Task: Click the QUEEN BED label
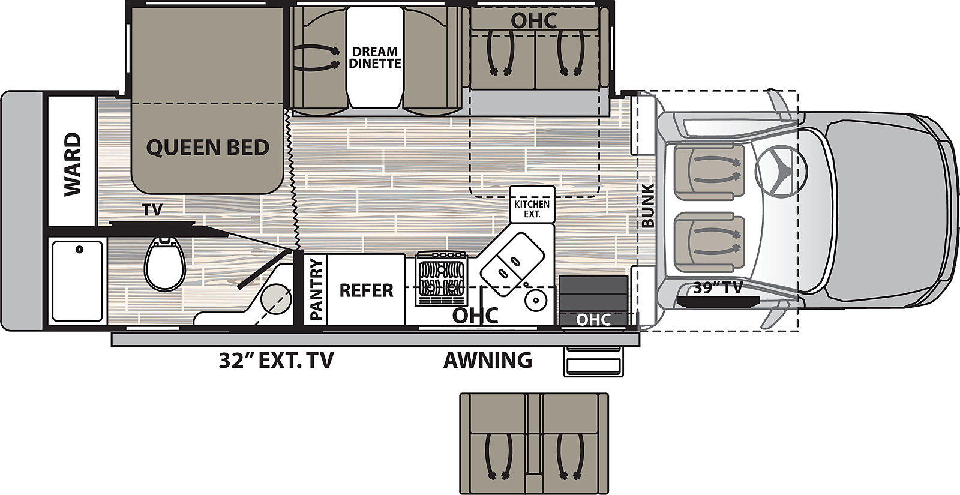point(208,148)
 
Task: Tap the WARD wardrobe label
point(72,164)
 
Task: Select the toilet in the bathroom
point(164,264)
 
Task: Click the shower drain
point(79,250)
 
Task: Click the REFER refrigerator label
point(366,290)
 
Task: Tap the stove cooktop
point(441,278)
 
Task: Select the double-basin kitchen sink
point(512,263)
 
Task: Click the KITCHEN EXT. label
point(532,209)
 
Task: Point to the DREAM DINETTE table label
point(375,58)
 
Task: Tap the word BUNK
point(648,206)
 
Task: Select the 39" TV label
point(718,288)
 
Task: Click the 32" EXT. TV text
point(276,361)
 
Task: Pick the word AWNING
point(488,360)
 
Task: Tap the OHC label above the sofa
point(534,20)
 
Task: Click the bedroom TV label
point(152,210)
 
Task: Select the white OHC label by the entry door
point(593,320)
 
